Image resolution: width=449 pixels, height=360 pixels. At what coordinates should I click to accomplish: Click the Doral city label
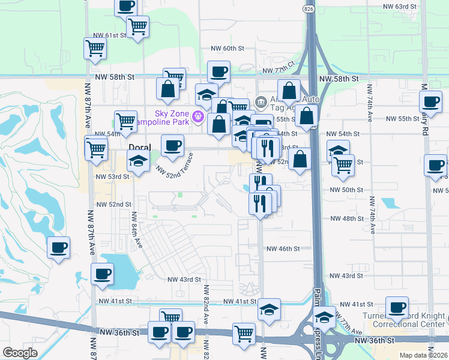pos(139,146)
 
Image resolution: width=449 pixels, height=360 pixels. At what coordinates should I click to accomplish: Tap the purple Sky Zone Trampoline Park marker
pos(198,114)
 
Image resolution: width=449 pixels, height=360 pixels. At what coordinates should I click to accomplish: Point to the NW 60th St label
pos(228,48)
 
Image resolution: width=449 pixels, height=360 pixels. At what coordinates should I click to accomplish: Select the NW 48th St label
pos(345,218)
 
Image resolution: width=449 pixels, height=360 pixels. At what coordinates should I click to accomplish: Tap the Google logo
pos(20,353)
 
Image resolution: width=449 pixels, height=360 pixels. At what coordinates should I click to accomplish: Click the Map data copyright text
pos(423,355)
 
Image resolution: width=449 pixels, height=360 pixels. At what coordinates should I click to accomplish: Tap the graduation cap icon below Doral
pos(138,161)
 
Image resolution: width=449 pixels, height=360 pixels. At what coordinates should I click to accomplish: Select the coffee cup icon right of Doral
pos(172,146)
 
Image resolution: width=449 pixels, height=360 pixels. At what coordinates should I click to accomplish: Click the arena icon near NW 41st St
pos(270,310)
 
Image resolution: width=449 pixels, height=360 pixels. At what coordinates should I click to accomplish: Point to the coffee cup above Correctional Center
pos(397,308)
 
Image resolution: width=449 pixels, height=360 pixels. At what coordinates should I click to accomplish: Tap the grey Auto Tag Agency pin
pos(261,100)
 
